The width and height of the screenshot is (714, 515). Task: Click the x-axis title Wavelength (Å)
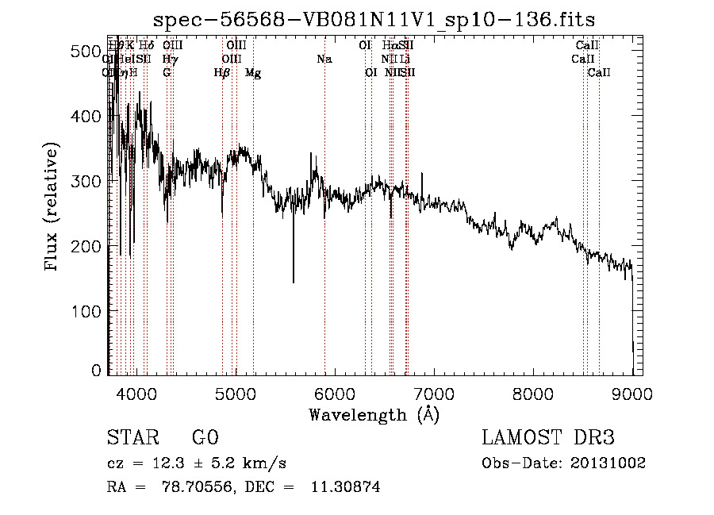[374, 414]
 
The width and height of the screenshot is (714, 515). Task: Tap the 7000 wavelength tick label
[434, 392]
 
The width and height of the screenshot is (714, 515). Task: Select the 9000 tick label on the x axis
[632, 392]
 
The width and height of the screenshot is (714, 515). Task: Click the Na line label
[324, 60]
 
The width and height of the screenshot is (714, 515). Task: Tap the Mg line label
[253, 73]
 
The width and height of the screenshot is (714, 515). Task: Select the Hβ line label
[222, 73]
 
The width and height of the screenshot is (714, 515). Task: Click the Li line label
[405, 60]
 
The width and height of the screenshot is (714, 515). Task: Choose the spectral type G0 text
[205, 438]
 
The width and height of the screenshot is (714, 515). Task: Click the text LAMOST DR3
[548, 438]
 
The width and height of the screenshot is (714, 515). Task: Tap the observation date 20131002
[612, 463]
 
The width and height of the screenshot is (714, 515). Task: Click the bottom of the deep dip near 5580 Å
[294, 282]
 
